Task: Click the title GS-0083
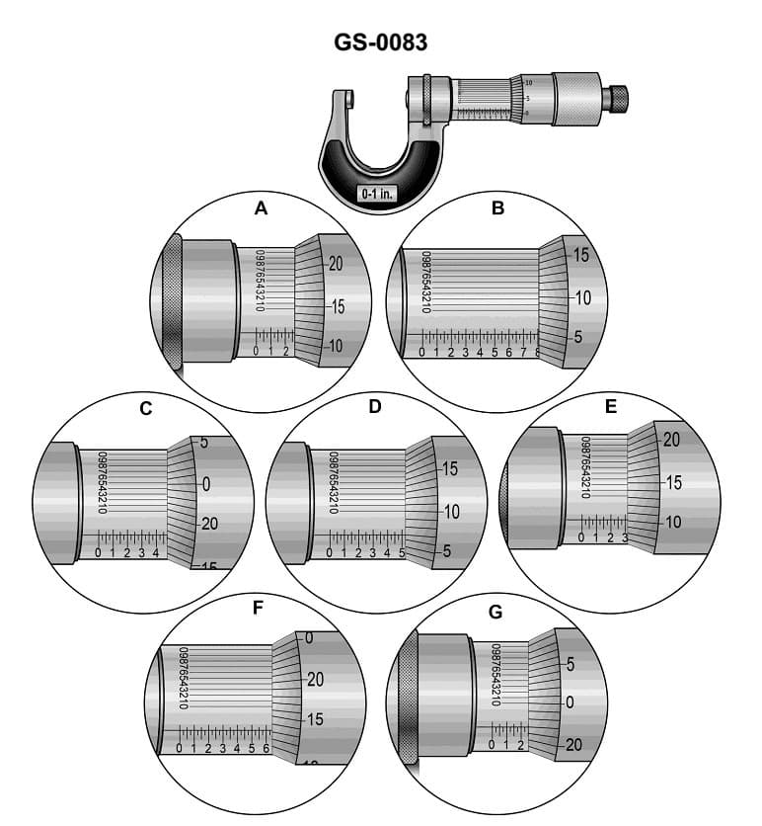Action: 380,42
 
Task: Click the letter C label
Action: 145,408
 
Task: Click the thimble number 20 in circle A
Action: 336,264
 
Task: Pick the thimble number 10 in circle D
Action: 450,511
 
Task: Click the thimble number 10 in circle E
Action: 673,522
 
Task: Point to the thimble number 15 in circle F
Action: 313,719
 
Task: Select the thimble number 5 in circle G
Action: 570,664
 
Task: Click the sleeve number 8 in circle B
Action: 536,352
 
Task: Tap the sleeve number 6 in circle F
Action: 266,749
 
